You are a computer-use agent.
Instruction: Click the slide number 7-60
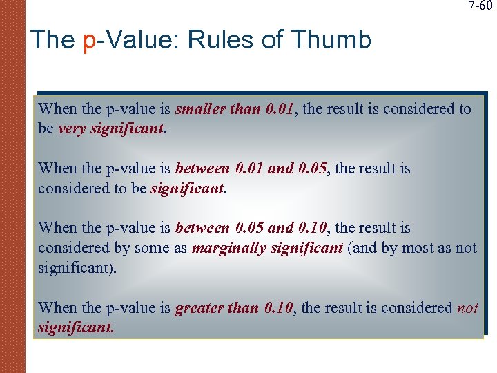coord(480,6)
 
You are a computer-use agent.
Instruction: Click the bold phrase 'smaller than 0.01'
coord(235,109)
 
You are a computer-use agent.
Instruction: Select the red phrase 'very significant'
coord(112,128)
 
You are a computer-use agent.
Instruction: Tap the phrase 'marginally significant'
coord(267,248)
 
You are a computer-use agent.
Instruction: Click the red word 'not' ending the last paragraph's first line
coord(467,308)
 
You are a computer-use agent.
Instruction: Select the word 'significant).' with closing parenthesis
coord(77,267)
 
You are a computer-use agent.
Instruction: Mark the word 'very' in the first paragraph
coord(72,128)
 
